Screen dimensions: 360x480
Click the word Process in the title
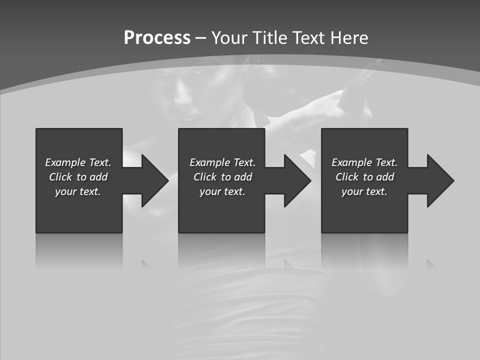pos(157,38)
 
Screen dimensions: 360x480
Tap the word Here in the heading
pos(349,38)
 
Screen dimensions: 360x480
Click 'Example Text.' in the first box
pos(78,162)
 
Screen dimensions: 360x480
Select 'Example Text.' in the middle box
pos(222,162)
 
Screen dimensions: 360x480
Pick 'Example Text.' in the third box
pos(364,162)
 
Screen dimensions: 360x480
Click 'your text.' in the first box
pos(78,191)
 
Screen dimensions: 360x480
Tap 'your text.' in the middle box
pos(222,191)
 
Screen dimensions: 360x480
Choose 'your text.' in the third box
pos(364,191)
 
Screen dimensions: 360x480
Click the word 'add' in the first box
pos(99,177)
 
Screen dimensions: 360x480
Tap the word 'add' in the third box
pos(385,177)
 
